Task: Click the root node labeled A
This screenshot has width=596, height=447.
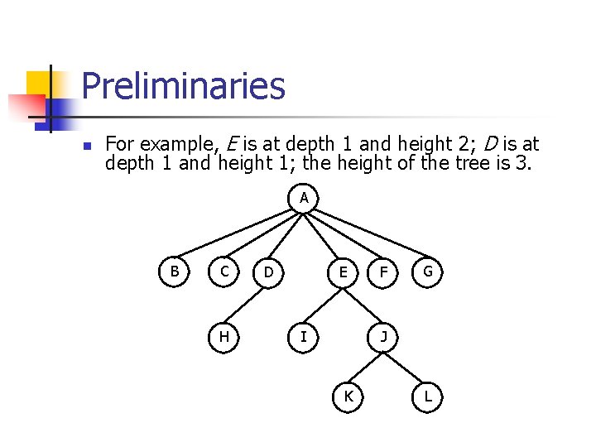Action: pos(304,198)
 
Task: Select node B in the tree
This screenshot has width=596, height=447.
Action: pos(175,271)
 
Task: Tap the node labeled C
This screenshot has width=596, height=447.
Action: pos(224,271)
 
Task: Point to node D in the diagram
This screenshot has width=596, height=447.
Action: pos(268,272)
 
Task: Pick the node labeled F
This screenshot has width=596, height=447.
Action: pos(383,272)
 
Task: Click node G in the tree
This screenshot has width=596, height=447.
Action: pos(427,272)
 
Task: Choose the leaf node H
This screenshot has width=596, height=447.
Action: pos(224,336)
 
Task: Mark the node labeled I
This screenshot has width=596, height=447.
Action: pos(304,336)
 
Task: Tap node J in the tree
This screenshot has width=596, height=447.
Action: pos(383,336)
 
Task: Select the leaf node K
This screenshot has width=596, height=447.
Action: pos(348,397)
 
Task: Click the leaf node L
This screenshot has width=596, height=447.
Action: pos(427,397)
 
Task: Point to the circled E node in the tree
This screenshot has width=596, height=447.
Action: pos(340,272)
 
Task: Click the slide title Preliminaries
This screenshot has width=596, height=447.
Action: pos(183,86)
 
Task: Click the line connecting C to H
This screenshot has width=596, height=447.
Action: pos(224,303)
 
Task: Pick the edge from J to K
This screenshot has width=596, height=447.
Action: pos(366,366)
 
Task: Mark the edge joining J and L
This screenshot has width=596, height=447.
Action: pos(406,366)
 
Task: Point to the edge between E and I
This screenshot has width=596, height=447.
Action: pos(322,304)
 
